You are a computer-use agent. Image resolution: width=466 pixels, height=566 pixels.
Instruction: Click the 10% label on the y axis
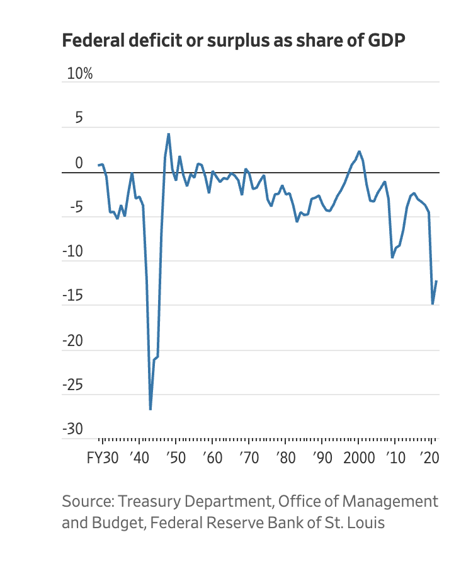[x=79, y=74]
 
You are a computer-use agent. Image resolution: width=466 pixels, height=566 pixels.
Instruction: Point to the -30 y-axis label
[x=72, y=429]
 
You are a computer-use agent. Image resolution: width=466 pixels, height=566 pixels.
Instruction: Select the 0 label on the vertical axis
[x=79, y=163]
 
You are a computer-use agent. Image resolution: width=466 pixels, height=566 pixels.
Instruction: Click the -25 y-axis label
[x=72, y=385]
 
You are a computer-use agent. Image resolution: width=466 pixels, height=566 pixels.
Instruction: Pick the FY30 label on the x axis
[x=102, y=458]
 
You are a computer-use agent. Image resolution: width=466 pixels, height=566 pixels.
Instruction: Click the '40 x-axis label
[x=138, y=458]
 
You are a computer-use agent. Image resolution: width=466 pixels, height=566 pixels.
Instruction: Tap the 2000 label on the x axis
[x=358, y=458]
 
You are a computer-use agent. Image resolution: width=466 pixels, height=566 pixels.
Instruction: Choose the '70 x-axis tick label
[x=249, y=458]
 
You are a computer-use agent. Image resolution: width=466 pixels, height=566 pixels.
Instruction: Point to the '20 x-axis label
[x=431, y=458]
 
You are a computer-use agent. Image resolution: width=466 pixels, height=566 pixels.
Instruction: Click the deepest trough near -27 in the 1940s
[x=151, y=410]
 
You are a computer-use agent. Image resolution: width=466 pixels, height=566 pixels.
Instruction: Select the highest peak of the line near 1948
[x=168, y=134]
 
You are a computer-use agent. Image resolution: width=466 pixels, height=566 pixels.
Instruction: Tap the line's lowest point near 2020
[x=433, y=304]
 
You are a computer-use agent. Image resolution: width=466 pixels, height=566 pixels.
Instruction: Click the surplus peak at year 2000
[x=359, y=151]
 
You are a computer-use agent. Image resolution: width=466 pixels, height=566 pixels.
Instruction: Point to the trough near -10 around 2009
[x=392, y=257]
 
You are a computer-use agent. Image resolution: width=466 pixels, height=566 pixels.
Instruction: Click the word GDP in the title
[x=384, y=40]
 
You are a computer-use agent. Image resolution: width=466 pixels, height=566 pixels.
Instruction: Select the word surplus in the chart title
[x=238, y=40]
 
